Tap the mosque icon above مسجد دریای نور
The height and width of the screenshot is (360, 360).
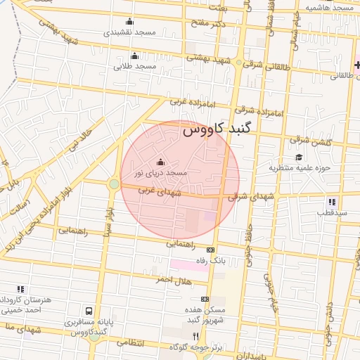click(160, 162)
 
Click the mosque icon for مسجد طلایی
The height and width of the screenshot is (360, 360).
click(134, 56)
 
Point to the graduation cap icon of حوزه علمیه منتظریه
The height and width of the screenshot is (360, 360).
click(299, 157)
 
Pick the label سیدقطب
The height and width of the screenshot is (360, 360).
click(327, 212)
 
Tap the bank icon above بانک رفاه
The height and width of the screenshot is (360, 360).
click(210, 250)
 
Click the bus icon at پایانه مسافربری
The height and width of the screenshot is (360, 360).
click(89, 311)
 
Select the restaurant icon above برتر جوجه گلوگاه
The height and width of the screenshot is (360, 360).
click(195, 337)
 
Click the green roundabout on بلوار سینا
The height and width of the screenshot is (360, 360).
click(114, 184)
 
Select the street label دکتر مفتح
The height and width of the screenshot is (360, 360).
click(211, 24)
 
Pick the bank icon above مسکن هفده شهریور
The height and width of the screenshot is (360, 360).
click(205, 299)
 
